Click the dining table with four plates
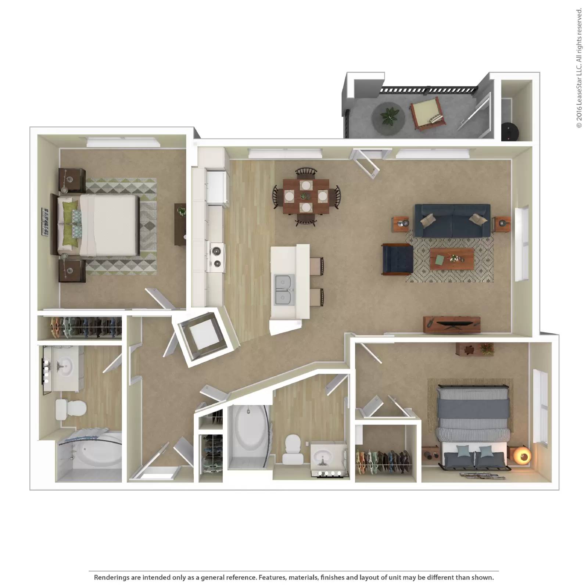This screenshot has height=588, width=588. click(x=305, y=197)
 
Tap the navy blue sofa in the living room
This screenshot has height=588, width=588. click(x=452, y=220)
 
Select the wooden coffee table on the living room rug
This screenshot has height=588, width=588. click(x=452, y=259)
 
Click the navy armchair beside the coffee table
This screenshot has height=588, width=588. click(x=397, y=259)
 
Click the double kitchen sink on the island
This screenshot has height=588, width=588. click(x=284, y=290)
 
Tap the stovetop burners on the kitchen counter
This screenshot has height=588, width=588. click(x=217, y=256)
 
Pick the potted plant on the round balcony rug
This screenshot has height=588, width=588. click(x=388, y=116)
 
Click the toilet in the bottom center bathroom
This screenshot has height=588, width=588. click(x=293, y=449)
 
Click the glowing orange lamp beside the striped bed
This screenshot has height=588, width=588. click(x=522, y=456)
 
